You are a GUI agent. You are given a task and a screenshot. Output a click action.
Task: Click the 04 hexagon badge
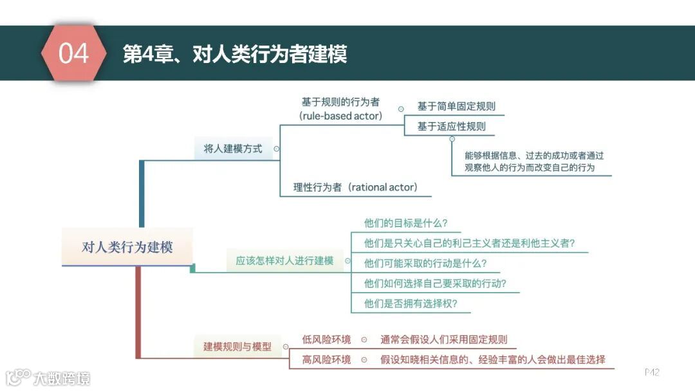click(x=73, y=53)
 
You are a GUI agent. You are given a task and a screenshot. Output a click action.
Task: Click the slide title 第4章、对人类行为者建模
click(x=235, y=54)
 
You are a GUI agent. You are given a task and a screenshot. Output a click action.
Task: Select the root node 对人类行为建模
click(x=127, y=246)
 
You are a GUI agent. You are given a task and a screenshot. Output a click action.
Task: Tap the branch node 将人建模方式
click(x=233, y=149)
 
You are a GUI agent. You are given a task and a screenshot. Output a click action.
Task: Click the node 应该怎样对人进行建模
click(x=284, y=261)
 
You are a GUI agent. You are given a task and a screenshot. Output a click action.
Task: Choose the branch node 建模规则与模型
click(x=237, y=347)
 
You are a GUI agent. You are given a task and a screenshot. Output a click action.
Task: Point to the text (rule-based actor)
click(x=340, y=116)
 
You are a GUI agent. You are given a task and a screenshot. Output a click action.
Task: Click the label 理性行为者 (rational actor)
click(x=355, y=187)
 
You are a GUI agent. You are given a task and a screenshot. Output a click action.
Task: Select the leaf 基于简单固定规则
click(x=456, y=107)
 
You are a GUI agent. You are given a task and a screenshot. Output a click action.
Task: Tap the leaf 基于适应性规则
click(x=451, y=126)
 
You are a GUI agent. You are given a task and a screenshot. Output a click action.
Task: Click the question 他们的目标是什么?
click(x=405, y=223)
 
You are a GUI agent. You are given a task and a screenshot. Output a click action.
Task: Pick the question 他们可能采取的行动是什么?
click(x=425, y=263)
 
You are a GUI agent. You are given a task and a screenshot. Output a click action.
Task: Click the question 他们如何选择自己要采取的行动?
click(x=435, y=284)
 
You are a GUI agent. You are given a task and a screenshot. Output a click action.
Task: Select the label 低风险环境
click(x=327, y=340)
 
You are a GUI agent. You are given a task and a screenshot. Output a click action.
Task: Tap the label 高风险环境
click(x=327, y=359)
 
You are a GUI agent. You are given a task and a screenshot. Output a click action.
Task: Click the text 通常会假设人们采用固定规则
click(x=443, y=340)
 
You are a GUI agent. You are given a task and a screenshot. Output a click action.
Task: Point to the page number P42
click(x=652, y=372)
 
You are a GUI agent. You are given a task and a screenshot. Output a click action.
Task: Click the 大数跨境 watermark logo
click(x=48, y=377)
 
